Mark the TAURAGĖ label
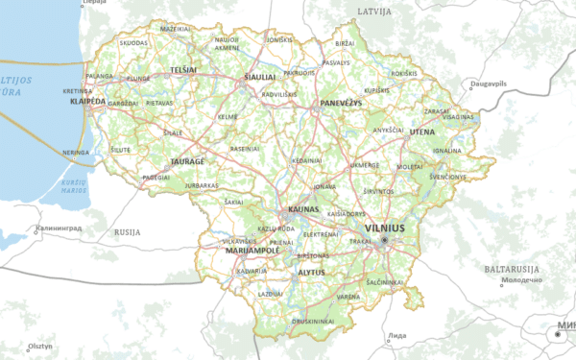pyautogui.click(x=188, y=162)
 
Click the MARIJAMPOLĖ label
pyautogui.click(x=252, y=250)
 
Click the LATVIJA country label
pyautogui.click(x=374, y=11)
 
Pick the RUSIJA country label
pyautogui.click(x=127, y=232)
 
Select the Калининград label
pyautogui.click(x=59, y=229)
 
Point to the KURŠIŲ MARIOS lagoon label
pyautogui.click(x=74, y=184)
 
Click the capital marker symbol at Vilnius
pyautogui.click(x=383, y=239)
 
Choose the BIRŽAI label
pyautogui.click(x=345, y=44)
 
